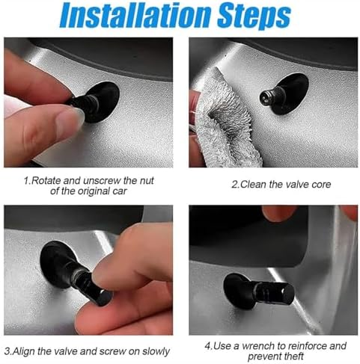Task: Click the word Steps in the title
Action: pos(254,16)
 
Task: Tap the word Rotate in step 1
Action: pos(46,180)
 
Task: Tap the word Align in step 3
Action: pos(24,351)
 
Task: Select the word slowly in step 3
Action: pos(156,351)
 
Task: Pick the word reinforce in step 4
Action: pos(308,346)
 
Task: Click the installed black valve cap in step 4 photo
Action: pos(275,293)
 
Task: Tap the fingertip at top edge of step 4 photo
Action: pos(279,213)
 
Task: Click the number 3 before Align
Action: pos(7,351)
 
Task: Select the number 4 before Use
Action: pos(207,346)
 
